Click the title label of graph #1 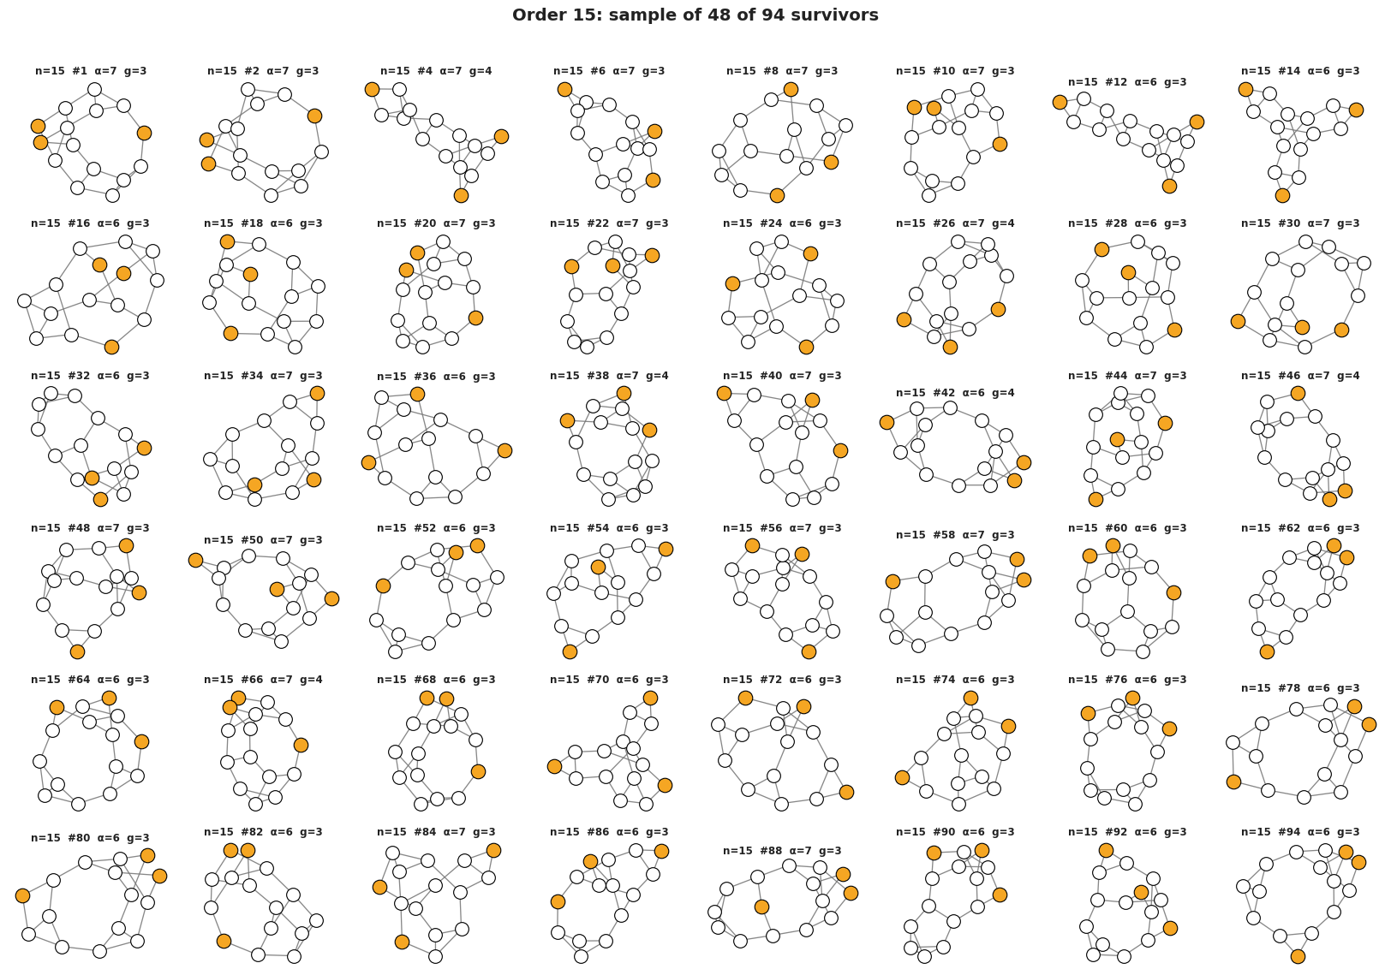click(91, 71)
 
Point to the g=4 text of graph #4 click(481, 71)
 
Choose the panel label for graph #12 click(1127, 82)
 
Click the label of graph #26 click(955, 223)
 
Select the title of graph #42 click(955, 393)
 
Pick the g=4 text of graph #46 click(1348, 376)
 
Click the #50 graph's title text click(263, 540)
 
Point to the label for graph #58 click(955, 535)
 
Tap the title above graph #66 click(263, 680)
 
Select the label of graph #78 click(1300, 687)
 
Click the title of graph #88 click(782, 850)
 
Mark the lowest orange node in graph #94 click(1298, 956)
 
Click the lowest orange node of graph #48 click(77, 651)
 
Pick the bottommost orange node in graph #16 click(111, 347)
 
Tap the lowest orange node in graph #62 click(1268, 651)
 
